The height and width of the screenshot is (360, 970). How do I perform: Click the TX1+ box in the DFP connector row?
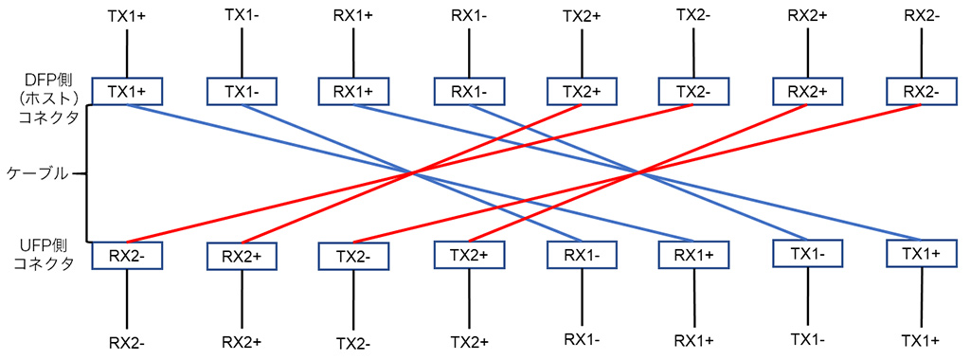tap(127, 91)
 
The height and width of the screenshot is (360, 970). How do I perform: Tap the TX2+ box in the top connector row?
tap(583, 91)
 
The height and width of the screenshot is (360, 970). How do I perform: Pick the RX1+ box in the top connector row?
tap(353, 91)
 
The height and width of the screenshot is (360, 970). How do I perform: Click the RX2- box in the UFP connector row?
tap(127, 256)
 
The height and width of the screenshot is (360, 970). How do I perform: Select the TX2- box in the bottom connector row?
tap(353, 256)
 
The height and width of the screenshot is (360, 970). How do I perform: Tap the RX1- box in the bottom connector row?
tap(583, 254)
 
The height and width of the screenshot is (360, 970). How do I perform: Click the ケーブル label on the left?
tap(37, 173)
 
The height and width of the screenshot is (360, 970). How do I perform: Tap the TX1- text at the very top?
tap(242, 14)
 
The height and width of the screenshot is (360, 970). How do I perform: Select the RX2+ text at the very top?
tap(807, 16)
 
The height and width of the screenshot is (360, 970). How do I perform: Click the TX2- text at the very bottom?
tap(353, 342)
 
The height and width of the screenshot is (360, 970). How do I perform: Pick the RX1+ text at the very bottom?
tap(694, 339)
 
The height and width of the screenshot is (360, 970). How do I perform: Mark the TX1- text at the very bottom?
tap(807, 339)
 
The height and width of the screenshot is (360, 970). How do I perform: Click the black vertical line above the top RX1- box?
tap(468, 53)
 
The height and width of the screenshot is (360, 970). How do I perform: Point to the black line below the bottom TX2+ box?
tap(468, 298)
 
